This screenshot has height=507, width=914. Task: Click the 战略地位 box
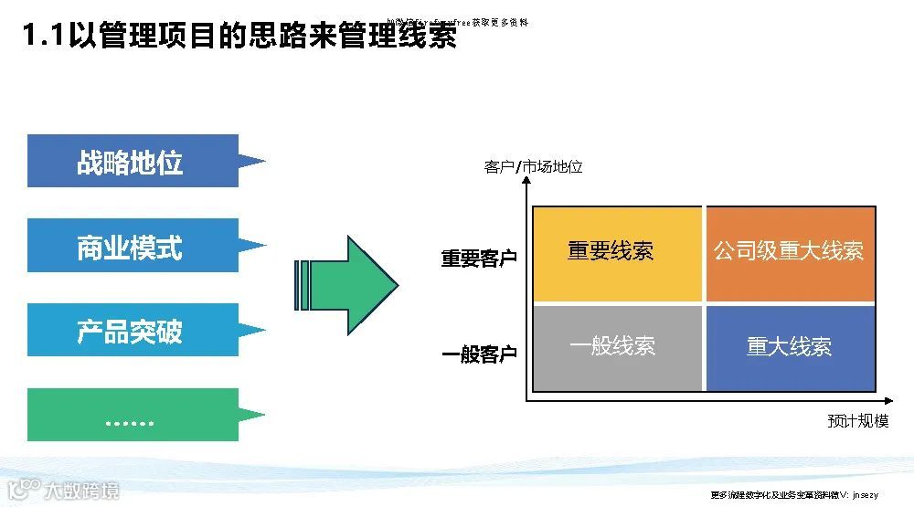tap(133, 162)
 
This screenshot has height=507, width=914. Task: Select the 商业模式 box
tap(133, 246)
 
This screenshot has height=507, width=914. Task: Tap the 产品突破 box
tap(133, 330)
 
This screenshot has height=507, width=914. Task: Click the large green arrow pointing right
tap(352, 285)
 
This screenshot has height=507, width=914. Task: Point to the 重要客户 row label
tap(479, 259)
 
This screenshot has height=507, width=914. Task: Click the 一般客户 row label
tap(479, 354)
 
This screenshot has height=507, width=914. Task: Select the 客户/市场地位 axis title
tap(533, 167)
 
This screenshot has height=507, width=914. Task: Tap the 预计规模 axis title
tap(857, 421)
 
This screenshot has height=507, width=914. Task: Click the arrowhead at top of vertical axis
tap(527, 181)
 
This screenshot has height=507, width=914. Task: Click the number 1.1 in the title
tap(44, 37)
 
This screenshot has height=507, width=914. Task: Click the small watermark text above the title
tap(457, 21)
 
